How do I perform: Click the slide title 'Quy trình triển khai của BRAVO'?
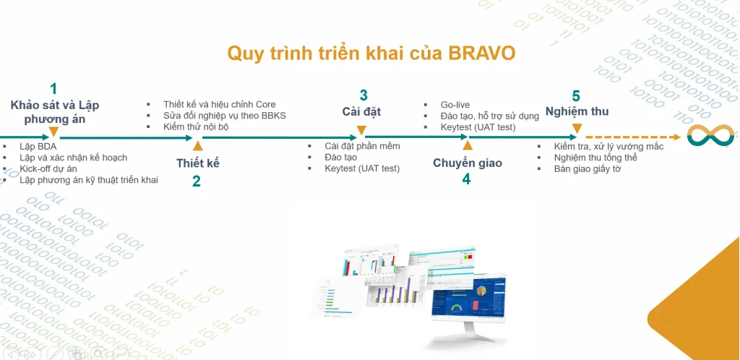point(371,53)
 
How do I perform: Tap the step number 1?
point(53,89)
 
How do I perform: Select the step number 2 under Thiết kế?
point(197,181)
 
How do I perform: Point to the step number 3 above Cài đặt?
point(363,95)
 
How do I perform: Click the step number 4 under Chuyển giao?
point(466,179)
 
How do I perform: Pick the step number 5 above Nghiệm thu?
point(576,96)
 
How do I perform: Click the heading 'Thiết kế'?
point(197,163)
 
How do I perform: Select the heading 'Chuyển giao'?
point(468,163)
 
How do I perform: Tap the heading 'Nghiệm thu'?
point(577,111)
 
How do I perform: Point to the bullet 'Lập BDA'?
point(38,147)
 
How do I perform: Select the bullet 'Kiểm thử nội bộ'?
point(201,127)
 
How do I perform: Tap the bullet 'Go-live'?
point(455,105)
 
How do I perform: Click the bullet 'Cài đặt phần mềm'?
point(362,146)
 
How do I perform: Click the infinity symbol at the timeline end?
point(711,136)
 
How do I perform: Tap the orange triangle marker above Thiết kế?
point(197,146)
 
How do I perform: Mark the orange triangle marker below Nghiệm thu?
point(576,129)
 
